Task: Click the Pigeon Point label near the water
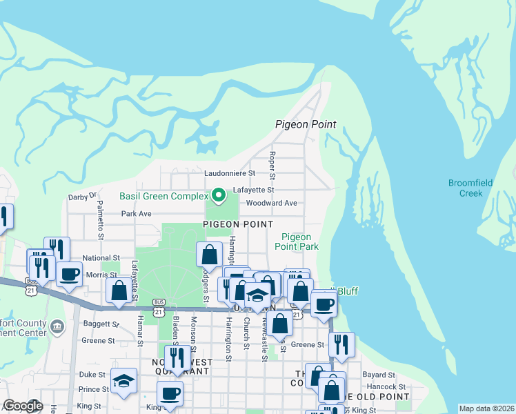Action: pyautogui.click(x=305, y=125)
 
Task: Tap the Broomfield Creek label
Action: pyautogui.click(x=470, y=188)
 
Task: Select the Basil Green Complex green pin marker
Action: pyautogui.click(x=219, y=197)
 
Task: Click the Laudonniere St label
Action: pyautogui.click(x=230, y=173)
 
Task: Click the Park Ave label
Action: pyautogui.click(x=136, y=214)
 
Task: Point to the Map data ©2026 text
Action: pyautogui.click(x=486, y=408)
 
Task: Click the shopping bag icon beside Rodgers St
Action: pyautogui.click(x=209, y=255)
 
